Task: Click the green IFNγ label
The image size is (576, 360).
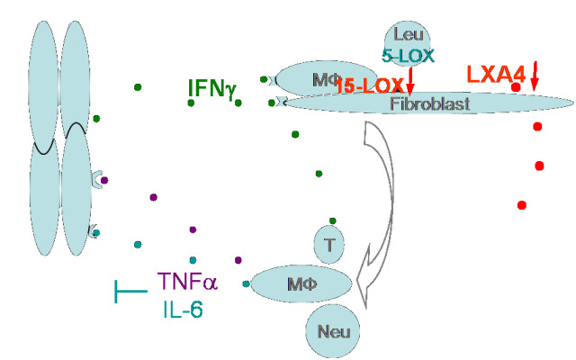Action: [x=212, y=88]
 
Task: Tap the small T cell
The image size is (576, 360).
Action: [x=330, y=243]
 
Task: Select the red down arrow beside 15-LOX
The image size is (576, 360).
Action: [x=410, y=81]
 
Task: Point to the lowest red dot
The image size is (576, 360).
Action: [x=521, y=204]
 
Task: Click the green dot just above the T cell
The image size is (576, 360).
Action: [x=333, y=220]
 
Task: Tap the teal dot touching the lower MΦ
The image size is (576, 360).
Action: [x=246, y=284]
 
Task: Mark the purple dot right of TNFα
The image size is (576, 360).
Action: [x=238, y=260]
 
